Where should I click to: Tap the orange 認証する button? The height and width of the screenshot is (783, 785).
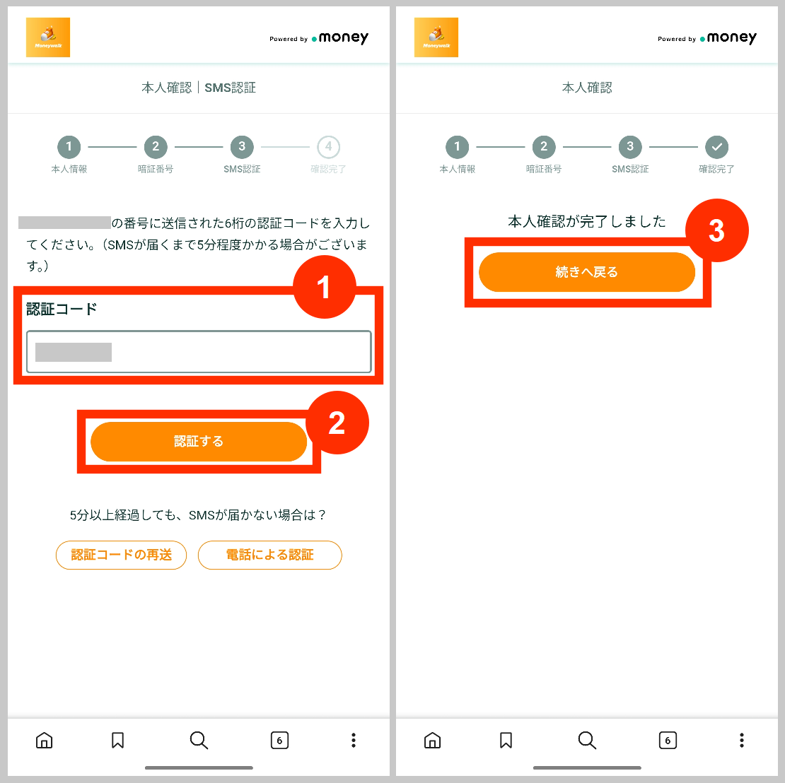(x=199, y=442)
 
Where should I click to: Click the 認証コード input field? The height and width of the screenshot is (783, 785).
(x=199, y=352)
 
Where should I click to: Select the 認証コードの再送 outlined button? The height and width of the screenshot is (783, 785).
(x=121, y=555)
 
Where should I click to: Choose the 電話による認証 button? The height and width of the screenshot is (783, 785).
(x=269, y=555)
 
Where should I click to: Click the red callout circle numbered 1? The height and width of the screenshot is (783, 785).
(x=324, y=288)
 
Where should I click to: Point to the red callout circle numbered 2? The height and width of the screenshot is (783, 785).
(x=337, y=423)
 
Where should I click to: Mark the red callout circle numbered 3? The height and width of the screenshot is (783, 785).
(x=716, y=230)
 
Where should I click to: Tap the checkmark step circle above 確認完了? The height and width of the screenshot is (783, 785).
(x=716, y=147)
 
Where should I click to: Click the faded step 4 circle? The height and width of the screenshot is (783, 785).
(x=328, y=147)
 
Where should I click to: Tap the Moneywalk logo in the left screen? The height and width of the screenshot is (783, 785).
(x=48, y=37)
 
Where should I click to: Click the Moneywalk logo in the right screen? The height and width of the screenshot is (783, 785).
(x=436, y=37)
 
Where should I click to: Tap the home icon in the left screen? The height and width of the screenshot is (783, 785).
(x=44, y=740)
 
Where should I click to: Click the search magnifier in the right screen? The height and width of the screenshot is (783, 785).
(x=587, y=740)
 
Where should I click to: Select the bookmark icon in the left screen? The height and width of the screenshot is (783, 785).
(x=118, y=740)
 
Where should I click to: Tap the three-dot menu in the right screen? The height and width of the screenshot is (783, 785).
(x=741, y=740)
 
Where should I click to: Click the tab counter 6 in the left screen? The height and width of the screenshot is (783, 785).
(x=279, y=740)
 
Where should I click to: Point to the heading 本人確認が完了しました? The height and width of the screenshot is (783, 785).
(x=587, y=222)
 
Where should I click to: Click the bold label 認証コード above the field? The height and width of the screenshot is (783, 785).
(x=62, y=309)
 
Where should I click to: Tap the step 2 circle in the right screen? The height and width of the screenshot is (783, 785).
(x=544, y=147)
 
